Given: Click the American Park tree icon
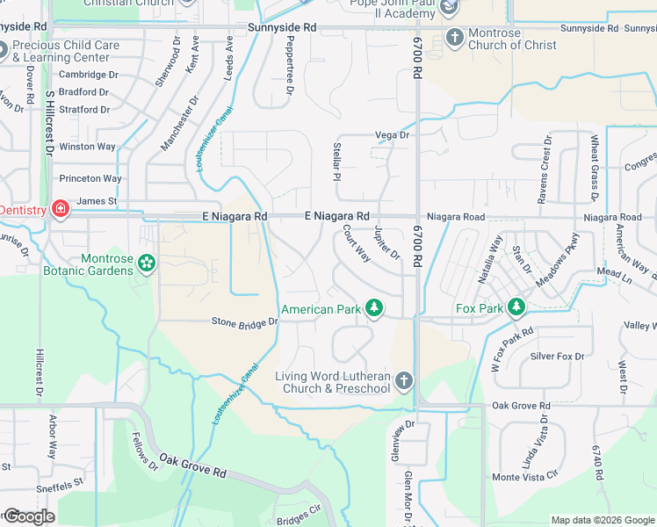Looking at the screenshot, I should [x=375, y=308].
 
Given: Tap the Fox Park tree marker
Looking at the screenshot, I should [x=518, y=307].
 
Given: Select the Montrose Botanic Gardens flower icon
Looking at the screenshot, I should [x=147, y=263].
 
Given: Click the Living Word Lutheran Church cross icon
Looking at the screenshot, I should [x=403, y=381].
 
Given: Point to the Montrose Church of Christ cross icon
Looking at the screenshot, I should [x=455, y=37].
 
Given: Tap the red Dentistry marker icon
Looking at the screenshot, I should [x=60, y=209].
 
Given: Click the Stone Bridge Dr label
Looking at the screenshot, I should [x=244, y=322].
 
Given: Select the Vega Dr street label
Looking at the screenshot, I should [x=393, y=134].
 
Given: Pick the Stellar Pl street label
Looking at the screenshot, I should [x=336, y=162].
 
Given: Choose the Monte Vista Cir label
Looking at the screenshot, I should [x=524, y=477].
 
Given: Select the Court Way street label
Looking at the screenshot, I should [x=357, y=245].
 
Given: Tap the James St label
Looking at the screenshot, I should [x=97, y=201].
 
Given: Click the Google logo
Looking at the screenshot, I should [x=28, y=516].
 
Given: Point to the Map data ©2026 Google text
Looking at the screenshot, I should [x=603, y=520].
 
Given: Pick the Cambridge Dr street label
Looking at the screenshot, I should [x=88, y=75].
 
